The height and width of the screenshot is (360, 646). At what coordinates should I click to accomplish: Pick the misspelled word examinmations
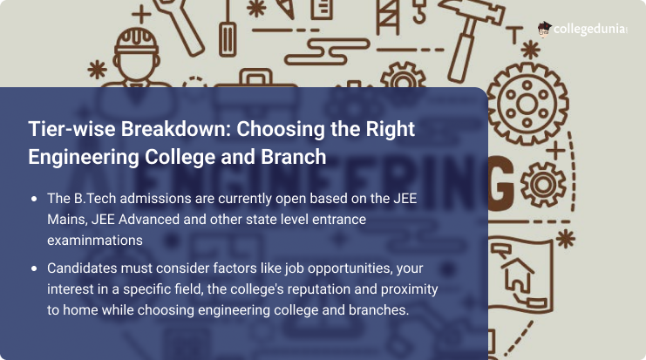point(93,238)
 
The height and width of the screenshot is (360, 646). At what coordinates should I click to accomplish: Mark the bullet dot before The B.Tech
point(34,199)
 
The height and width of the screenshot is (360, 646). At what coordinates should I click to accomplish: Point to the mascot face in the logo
point(544,29)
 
